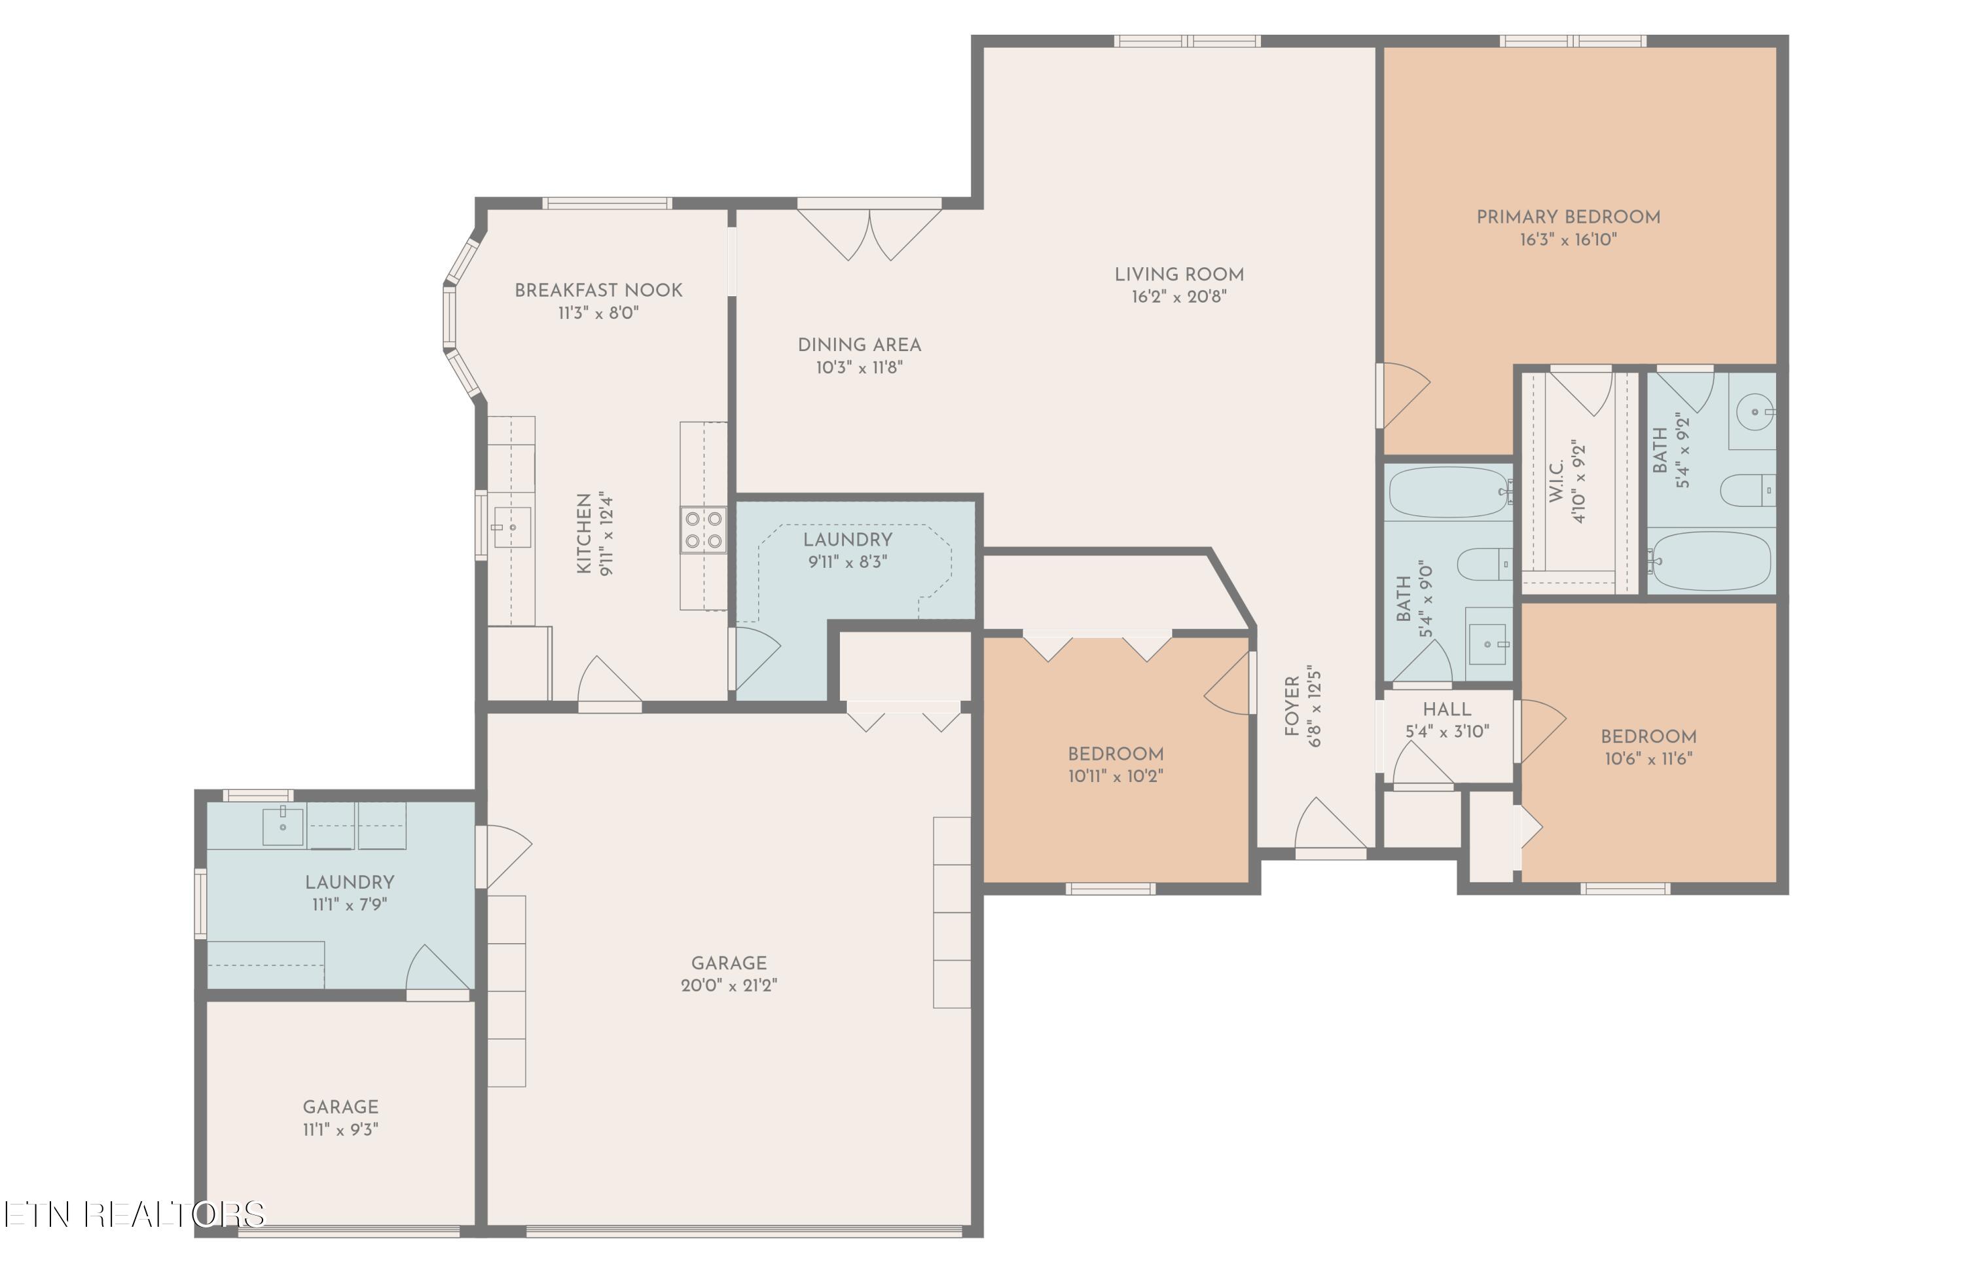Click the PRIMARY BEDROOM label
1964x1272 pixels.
point(1567,217)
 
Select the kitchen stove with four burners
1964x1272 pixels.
point(703,530)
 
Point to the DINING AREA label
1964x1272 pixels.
point(858,345)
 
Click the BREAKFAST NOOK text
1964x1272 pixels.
point(598,291)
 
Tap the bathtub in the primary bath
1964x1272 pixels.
point(1710,561)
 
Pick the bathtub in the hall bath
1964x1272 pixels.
point(1448,492)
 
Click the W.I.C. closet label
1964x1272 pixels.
point(1556,482)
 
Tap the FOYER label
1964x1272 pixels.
point(1292,705)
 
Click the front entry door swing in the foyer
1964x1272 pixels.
point(1330,826)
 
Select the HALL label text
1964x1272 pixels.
point(1447,709)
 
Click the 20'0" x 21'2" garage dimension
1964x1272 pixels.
point(729,986)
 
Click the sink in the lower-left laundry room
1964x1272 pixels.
point(282,826)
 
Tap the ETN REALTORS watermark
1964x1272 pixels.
point(134,1214)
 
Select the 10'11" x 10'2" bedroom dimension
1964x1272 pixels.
point(1115,776)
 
